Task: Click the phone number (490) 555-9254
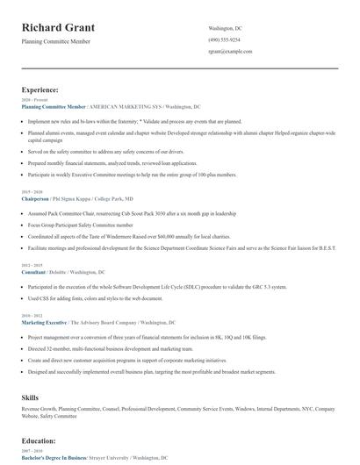(x=224, y=40)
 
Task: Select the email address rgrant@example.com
(x=230, y=52)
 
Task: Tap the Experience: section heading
(x=40, y=89)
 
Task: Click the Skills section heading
(x=31, y=398)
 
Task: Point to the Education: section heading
(x=40, y=440)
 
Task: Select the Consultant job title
(x=34, y=272)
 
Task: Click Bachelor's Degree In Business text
(x=54, y=458)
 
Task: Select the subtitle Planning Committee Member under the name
(x=57, y=41)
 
